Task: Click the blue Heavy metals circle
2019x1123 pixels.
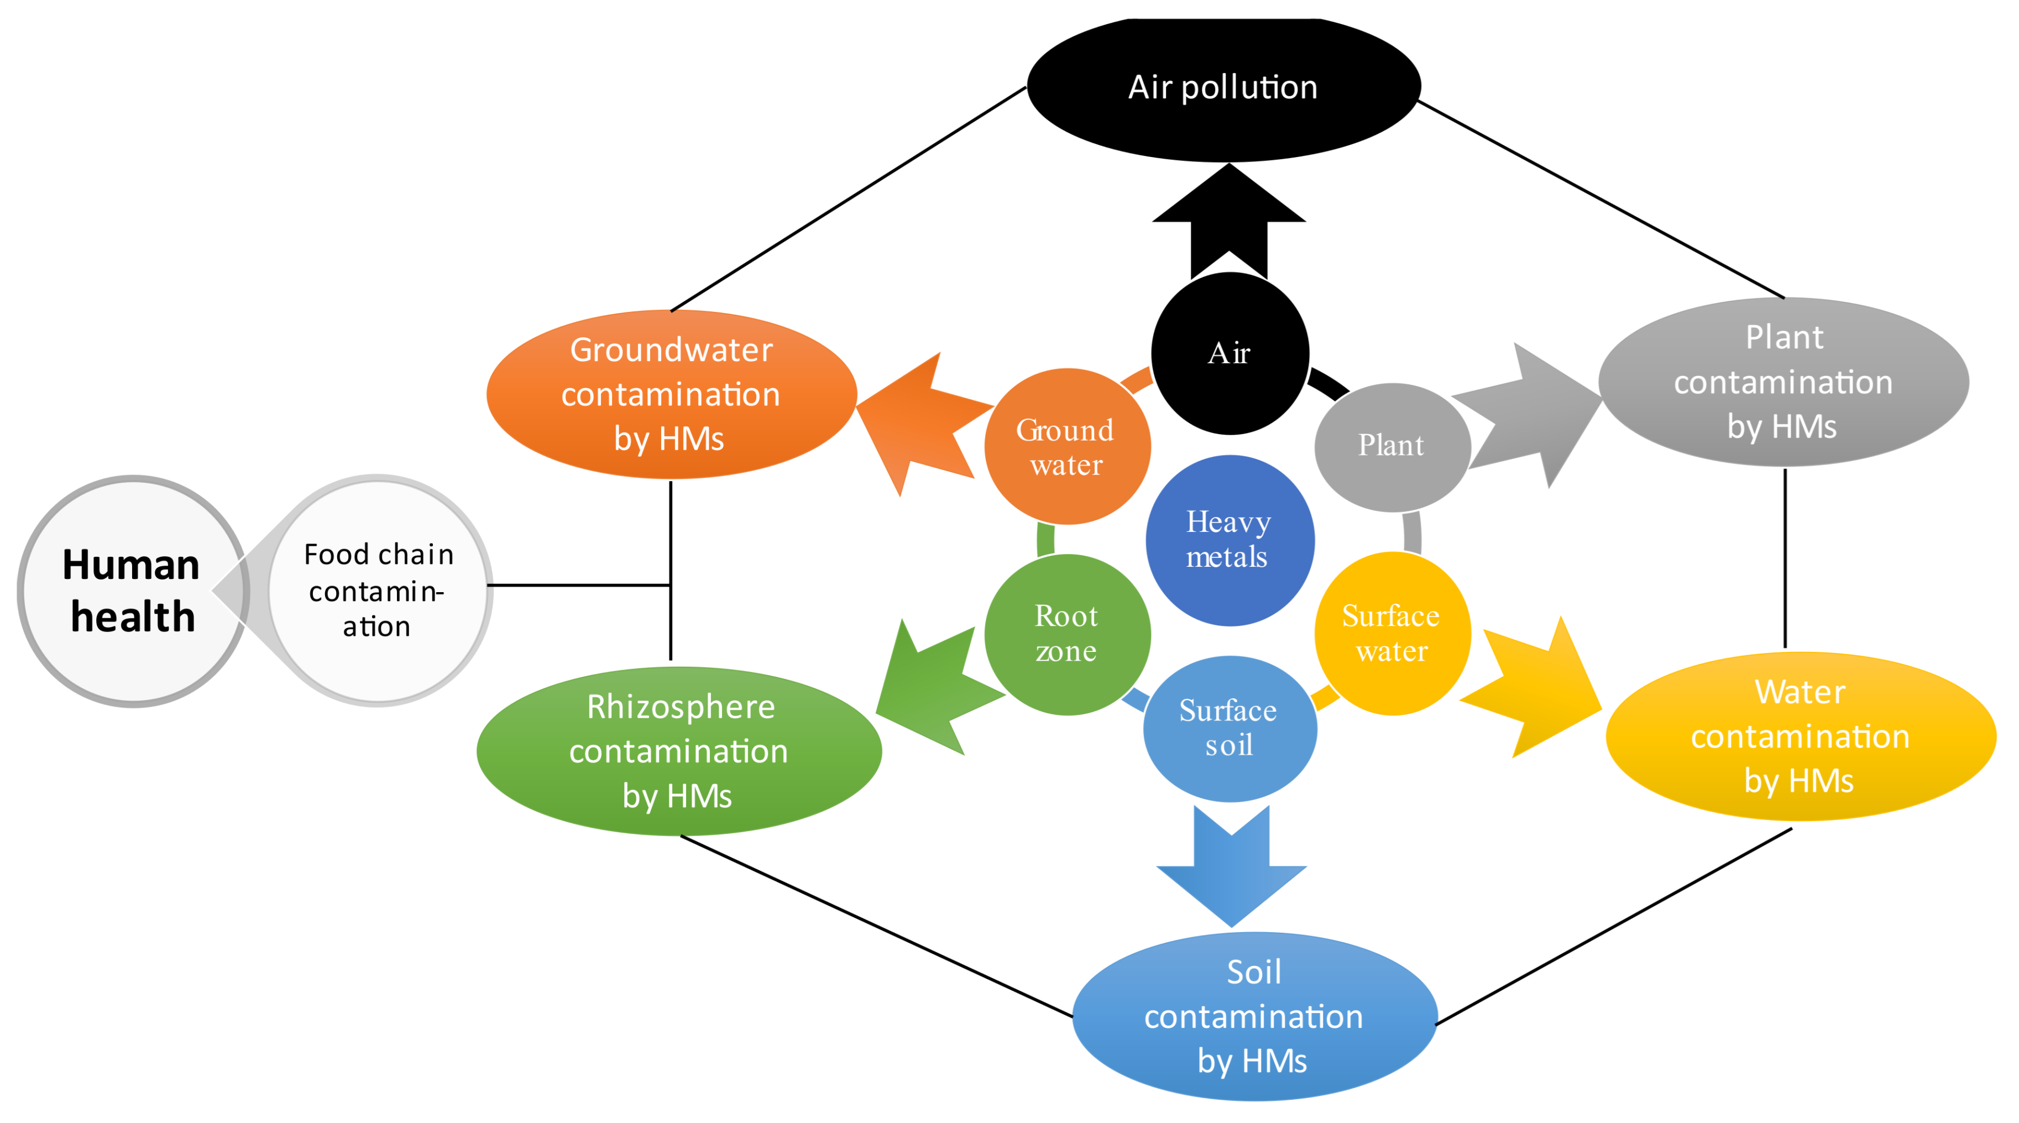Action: (x=1229, y=540)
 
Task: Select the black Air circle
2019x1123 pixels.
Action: (x=1229, y=353)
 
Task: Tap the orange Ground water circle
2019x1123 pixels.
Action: (x=1066, y=447)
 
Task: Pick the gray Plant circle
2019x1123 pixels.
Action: (x=1391, y=447)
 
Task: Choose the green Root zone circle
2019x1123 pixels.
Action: (x=1066, y=634)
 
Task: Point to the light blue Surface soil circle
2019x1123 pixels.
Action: (x=1229, y=728)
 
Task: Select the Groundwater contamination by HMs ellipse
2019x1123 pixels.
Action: (x=671, y=394)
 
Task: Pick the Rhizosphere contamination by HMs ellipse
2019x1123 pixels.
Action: (x=679, y=751)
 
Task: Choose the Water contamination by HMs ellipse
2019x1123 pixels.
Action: (x=1800, y=737)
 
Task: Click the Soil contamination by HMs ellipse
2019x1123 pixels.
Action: (x=1254, y=1016)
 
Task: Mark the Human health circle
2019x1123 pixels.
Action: (x=132, y=591)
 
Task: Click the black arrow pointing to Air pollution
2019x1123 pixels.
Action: (x=1229, y=220)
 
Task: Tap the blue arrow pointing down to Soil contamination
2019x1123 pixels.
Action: (x=1231, y=870)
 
